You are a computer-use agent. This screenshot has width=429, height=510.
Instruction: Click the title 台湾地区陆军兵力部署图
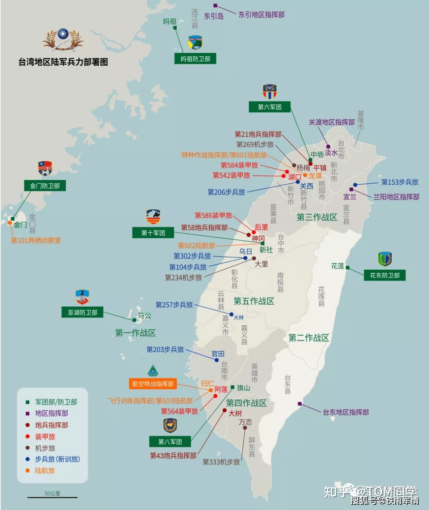63,62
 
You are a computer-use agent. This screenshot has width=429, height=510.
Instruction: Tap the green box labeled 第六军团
269,107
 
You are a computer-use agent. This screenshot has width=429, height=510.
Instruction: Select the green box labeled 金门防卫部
44,185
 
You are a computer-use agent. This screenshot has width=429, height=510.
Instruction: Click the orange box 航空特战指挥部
153,384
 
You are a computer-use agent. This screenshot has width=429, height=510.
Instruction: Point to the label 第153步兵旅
400,182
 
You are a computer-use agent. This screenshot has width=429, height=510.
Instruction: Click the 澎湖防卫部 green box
82,312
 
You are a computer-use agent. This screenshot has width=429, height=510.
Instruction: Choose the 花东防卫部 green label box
385,275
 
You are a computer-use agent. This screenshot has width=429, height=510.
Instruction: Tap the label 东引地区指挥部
261,15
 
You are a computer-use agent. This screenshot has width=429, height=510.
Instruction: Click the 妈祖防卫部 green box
195,59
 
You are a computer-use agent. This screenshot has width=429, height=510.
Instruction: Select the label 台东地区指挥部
346,412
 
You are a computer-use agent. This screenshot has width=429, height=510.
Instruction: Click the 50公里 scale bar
52,496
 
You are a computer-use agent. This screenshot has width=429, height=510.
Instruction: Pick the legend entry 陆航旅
44,471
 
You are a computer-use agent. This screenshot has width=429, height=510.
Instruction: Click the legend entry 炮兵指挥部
51,425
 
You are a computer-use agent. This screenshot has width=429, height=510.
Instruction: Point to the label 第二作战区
309,338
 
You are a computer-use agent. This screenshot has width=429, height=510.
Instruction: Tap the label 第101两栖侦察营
36,240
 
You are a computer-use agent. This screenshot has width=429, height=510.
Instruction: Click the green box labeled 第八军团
170,442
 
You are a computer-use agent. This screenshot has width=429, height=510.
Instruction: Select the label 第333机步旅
221,462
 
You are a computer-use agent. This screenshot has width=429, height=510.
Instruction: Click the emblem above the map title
63,40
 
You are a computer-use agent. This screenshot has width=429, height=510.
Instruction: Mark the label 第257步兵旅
174,305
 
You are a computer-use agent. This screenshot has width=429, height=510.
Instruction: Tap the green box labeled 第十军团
153,233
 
